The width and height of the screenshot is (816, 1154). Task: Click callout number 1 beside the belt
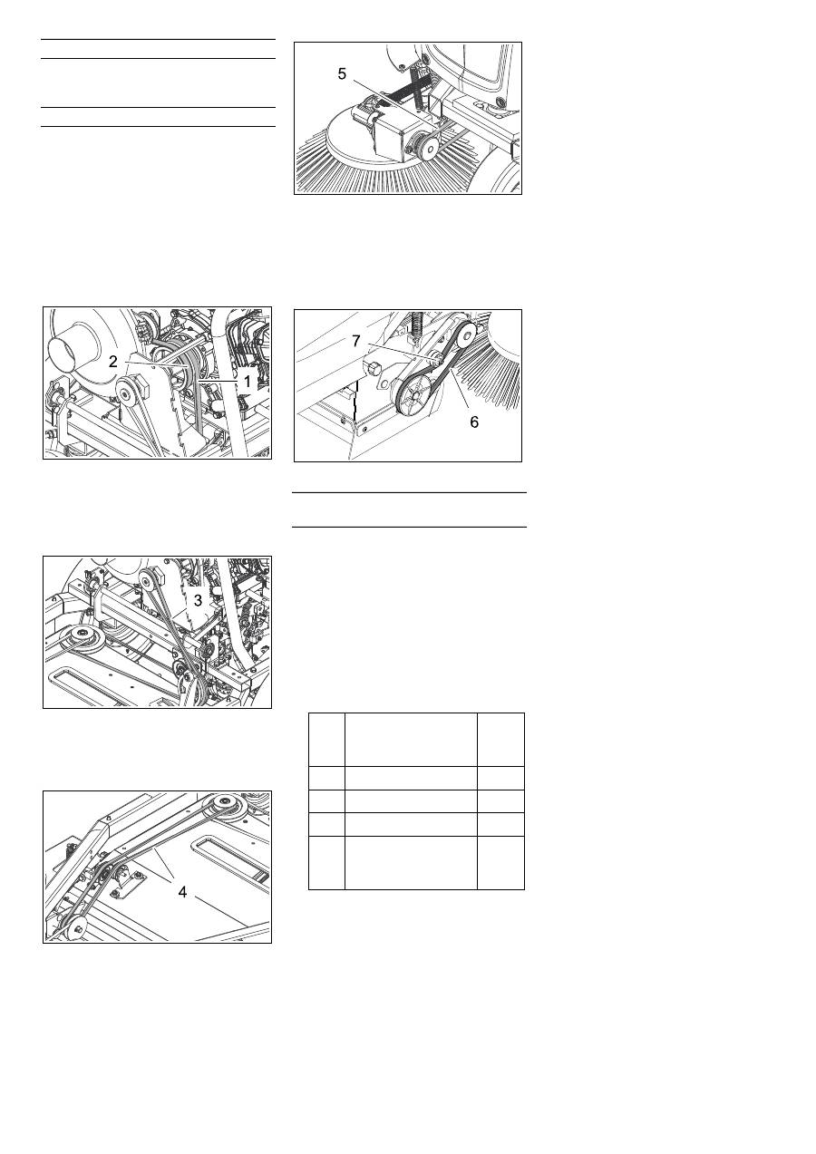pyautogui.click(x=248, y=382)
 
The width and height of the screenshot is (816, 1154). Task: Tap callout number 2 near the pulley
pyautogui.click(x=113, y=362)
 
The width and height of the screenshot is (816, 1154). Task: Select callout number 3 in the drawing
pyautogui.click(x=198, y=600)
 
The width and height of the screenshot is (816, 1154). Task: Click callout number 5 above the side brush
pyautogui.click(x=342, y=73)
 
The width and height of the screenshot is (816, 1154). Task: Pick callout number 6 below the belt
pyautogui.click(x=474, y=422)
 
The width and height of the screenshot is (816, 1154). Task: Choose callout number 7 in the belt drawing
pyautogui.click(x=356, y=341)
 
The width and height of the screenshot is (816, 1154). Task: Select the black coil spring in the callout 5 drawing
pyautogui.click(x=398, y=92)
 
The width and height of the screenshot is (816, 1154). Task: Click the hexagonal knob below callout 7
pyautogui.click(x=373, y=369)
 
